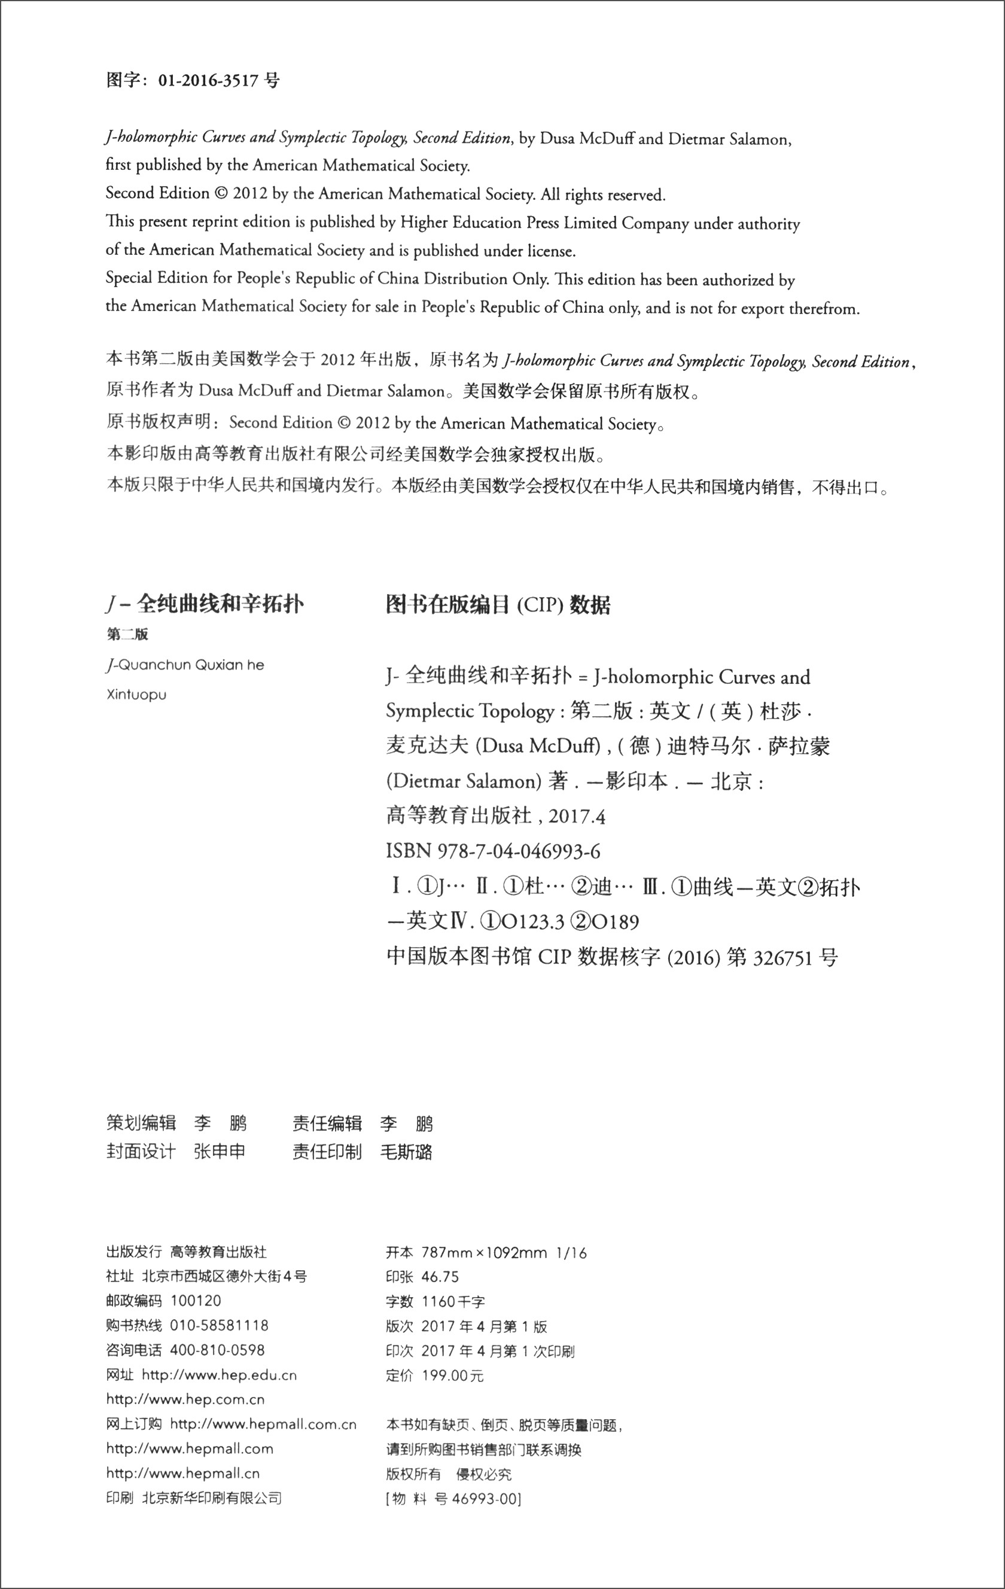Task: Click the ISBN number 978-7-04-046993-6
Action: [519, 852]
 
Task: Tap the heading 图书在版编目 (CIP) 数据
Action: [498, 604]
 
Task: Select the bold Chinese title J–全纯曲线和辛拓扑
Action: [205, 604]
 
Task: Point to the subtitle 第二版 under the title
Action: [127, 634]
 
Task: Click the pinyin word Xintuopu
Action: [136, 695]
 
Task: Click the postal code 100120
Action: [196, 1301]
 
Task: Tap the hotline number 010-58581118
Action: [219, 1325]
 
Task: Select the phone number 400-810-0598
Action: [217, 1350]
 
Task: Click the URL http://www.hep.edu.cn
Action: [219, 1375]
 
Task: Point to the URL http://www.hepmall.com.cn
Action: [263, 1424]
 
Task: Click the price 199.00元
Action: [453, 1375]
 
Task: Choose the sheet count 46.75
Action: [440, 1276]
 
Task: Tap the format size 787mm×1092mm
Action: [484, 1252]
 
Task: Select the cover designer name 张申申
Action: [219, 1152]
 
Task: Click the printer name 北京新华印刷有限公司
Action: [212, 1498]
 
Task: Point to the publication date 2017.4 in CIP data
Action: [577, 817]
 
